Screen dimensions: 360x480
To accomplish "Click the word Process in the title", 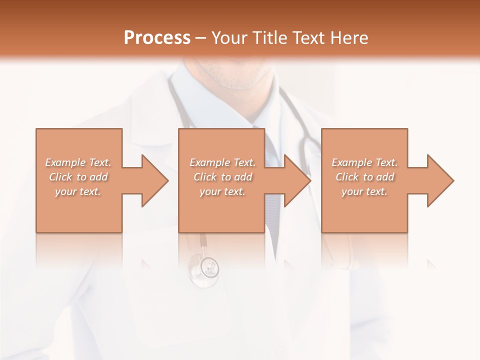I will coord(157,38).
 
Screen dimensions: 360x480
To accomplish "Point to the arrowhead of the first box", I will coord(155,180).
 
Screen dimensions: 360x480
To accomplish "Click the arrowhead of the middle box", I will coord(298,180).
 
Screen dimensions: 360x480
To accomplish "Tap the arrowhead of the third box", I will coord(440,180).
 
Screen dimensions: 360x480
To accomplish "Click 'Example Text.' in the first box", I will coord(78,162).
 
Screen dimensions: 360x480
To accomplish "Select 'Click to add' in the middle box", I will coord(222,177).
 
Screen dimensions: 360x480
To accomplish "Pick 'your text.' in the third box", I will coord(364,191).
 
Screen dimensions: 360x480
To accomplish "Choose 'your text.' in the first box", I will coord(78,191).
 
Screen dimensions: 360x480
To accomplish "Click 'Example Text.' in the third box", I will coord(364,162).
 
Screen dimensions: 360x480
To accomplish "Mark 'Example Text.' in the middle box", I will coord(222,162).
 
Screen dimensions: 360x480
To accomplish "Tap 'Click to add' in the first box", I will coord(78,177).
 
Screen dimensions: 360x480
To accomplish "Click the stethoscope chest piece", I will coord(203,268).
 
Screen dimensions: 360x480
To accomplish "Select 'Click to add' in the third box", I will coord(364,177).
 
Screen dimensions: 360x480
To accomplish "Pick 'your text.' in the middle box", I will coord(222,191).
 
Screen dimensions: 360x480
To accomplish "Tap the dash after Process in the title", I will coord(201,38).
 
